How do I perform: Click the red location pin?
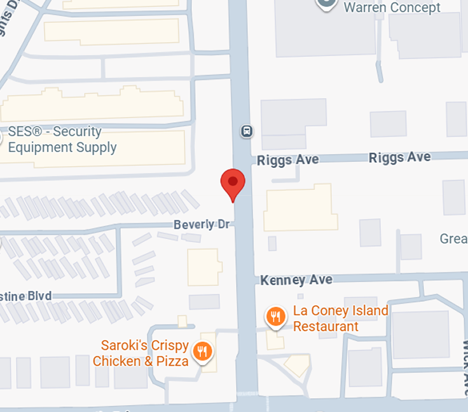233,183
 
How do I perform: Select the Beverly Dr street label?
201,225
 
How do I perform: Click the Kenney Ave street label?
296,280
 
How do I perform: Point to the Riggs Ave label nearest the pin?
288,160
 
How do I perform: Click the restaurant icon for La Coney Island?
275,317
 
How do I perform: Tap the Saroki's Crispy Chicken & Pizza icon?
202,352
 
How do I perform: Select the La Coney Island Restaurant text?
340,319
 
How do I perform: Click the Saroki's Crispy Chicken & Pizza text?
141,354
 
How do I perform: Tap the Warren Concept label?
392,8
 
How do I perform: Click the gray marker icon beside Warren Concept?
326,3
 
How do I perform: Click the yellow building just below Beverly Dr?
204,266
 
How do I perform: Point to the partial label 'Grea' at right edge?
453,239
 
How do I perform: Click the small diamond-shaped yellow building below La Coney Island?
297,364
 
